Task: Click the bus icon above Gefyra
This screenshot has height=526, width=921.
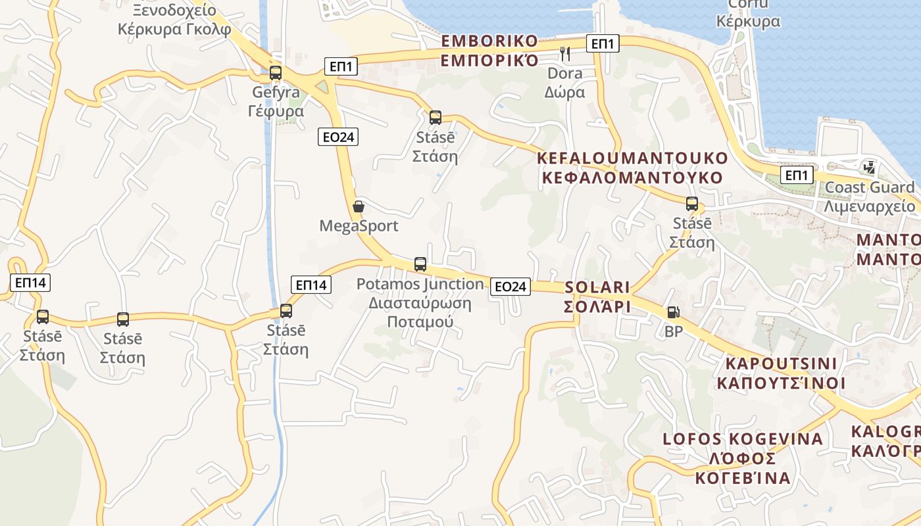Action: click(x=276, y=73)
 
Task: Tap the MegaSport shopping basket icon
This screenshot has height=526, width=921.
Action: click(x=359, y=206)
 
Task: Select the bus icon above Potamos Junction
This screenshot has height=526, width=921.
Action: click(x=420, y=264)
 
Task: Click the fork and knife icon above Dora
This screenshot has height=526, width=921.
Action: click(x=564, y=53)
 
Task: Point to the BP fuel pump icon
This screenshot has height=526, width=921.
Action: click(x=673, y=312)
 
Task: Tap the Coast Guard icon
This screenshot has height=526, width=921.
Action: click(x=870, y=167)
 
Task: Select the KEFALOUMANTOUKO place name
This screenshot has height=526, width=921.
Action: click(x=632, y=168)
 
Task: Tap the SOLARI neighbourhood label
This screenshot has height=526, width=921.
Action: click(x=597, y=297)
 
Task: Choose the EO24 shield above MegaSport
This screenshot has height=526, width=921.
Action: click(x=339, y=137)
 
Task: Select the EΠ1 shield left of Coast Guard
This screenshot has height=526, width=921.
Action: click(x=797, y=176)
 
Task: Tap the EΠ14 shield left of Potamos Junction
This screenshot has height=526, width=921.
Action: click(x=311, y=285)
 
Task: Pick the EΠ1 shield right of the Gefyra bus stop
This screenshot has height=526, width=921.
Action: click(x=341, y=66)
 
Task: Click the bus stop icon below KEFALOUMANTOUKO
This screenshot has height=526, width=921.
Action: click(x=691, y=204)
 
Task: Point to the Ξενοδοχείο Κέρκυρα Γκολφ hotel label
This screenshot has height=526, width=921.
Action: click(x=174, y=20)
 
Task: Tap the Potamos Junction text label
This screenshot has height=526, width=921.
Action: click(x=420, y=284)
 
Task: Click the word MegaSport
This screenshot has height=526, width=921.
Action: click(x=359, y=226)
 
